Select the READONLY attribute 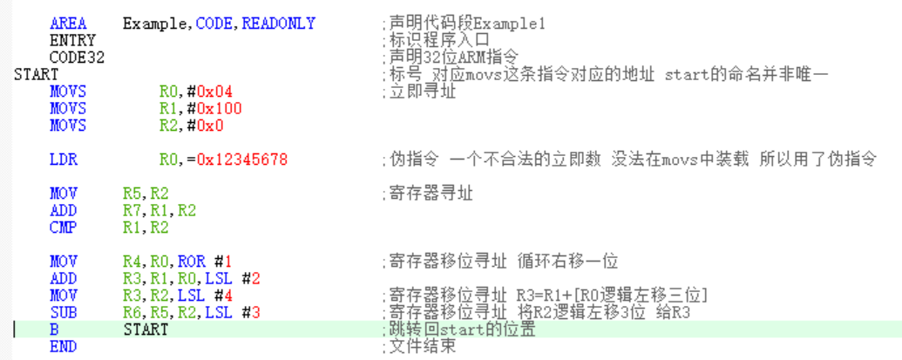[278, 24]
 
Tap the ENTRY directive [72, 40]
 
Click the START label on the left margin [36, 74]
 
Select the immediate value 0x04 [214, 92]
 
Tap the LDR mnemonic [63, 160]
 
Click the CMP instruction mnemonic [63, 228]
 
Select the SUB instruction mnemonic [63, 313]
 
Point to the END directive [63, 347]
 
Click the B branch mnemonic [54, 330]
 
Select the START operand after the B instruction [146, 330]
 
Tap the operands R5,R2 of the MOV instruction [146, 194]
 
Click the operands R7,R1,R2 [159, 211]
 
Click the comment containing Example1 [466, 24]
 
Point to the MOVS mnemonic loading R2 [68, 126]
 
